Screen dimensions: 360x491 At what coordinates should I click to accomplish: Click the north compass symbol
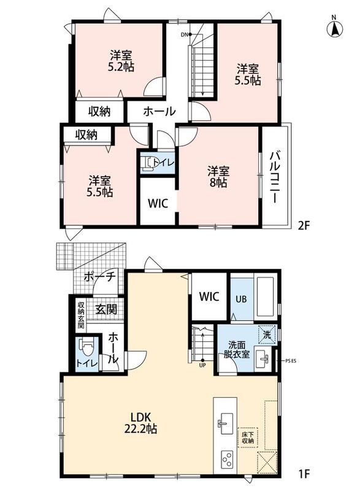[x=334, y=28]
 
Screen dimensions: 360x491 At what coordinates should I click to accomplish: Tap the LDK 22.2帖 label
[x=140, y=423]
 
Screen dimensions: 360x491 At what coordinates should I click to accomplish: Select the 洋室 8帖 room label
[x=218, y=177]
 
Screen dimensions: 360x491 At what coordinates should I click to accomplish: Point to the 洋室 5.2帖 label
[x=121, y=61]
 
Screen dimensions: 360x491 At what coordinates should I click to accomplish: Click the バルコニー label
[x=274, y=177]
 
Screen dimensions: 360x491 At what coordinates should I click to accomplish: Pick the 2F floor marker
[x=304, y=225]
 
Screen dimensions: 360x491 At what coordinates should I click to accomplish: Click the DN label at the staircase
[x=184, y=34]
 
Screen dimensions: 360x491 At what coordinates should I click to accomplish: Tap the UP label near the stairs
[x=202, y=365]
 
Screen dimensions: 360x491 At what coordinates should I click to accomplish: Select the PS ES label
[x=291, y=361]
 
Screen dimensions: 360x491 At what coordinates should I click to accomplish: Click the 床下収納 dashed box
[x=248, y=437]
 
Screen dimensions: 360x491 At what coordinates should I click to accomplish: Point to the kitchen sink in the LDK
[x=226, y=423]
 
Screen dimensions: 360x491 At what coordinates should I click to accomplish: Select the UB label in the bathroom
[x=241, y=299]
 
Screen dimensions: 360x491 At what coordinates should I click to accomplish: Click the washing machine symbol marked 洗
[x=267, y=334]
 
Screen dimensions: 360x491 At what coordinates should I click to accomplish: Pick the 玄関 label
[x=106, y=309]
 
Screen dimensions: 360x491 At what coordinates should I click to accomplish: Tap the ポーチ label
[x=100, y=277]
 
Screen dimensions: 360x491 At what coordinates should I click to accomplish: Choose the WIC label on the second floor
[x=158, y=203]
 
